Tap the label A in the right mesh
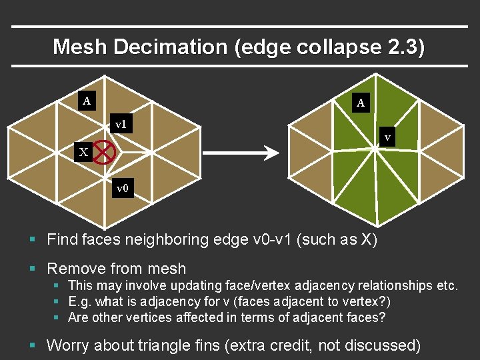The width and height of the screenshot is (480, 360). click(361, 103)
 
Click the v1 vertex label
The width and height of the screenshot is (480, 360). click(121, 124)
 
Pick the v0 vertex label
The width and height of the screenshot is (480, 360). click(122, 189)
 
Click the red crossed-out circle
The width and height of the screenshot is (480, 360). click(105, 153)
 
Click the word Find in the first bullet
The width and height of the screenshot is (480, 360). click(63, 239)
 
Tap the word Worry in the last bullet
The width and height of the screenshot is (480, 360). click(70, 345)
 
